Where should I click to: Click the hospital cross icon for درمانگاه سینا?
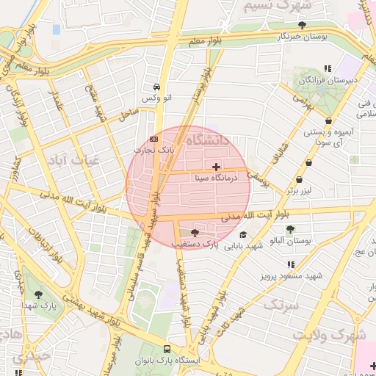(215, 167)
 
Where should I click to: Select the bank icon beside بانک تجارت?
(153, 138)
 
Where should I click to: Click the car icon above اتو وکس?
(156, 86)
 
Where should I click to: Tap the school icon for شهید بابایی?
(243, 234)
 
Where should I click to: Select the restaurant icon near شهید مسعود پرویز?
(292, 264)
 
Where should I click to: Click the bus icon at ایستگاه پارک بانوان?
(167, 350)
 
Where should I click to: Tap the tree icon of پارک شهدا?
(38, 294)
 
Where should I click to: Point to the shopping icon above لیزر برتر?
(298, 180)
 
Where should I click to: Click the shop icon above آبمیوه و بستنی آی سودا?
(328, 120)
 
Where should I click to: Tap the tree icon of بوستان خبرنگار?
(302, 25)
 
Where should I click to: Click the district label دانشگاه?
(208, 140)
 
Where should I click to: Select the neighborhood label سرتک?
(281, 304)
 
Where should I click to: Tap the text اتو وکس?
(156, 98)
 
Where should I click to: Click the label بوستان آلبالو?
(291, 241)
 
